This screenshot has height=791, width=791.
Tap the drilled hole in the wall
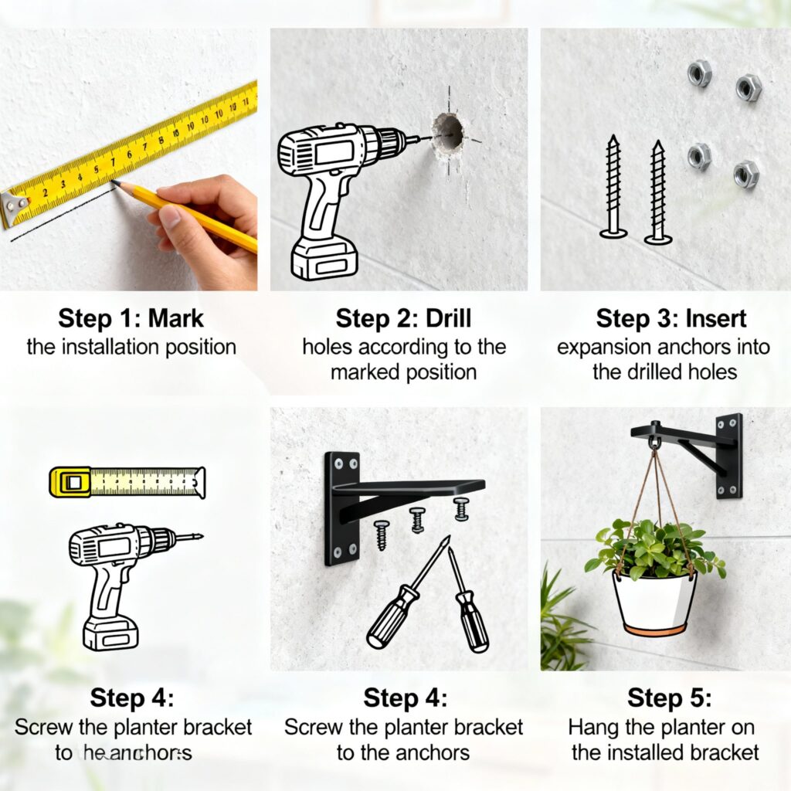(447, 134)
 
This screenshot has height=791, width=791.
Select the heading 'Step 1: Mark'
(131, 318)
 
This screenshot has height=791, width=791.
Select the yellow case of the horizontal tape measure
(70, 481)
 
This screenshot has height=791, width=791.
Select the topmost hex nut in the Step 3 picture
(699, 73)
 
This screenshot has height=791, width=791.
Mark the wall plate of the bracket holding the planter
(728, 455)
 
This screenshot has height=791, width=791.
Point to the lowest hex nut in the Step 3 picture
(746, 174)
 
